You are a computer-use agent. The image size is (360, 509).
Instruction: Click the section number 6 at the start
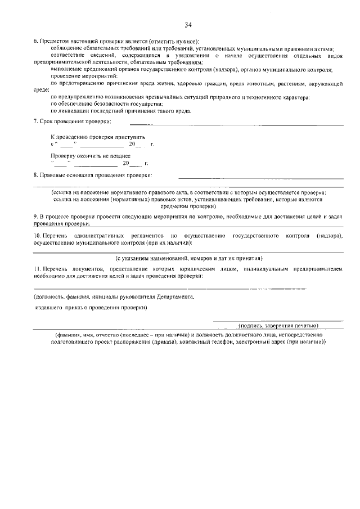[x=35, y=42]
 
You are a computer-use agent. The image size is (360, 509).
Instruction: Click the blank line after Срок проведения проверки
[x=236, y=124]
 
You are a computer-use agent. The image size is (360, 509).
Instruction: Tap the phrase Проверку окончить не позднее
[x=90, y=156]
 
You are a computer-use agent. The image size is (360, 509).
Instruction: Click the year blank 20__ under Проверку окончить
[x=133, y=164]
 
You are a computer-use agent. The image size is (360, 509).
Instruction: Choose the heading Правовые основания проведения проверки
[x=96, y=175]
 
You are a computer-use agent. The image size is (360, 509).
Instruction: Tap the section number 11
[x=37, y=270]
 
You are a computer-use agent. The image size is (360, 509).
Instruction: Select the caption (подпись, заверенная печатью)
[x=278, y=325]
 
